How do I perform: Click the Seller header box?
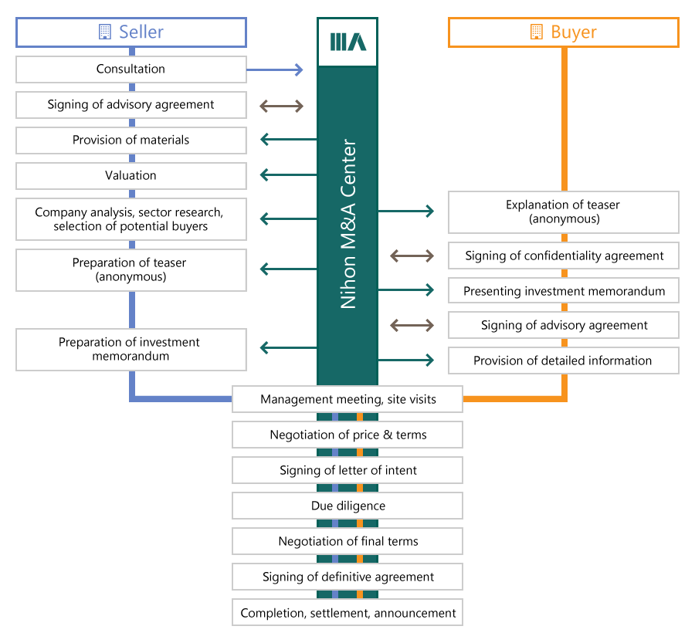[x=131, y=32]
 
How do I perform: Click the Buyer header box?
[x=564, y=32]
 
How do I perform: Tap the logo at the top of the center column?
[x=347, y=42]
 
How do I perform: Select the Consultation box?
[x=131, y=69]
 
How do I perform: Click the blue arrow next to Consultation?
[x=275, y=70]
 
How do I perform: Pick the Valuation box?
[x=131, y=176]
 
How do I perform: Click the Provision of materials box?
[x=131, y=140]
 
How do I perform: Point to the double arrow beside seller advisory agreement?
[x=282, y=106]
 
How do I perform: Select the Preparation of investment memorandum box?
[x=131, y=349]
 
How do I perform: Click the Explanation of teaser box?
[x=564, y=212]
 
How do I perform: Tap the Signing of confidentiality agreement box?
[x=564, y=256]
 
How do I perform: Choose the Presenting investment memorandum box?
[x=564, y=291]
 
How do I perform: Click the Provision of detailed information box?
[x=564, y=361]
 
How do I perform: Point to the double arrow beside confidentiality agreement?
[x=412, y=256]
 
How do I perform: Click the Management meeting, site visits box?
[x=347, y=399]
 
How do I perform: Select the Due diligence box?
[x=347, y=506]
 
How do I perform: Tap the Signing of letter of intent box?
[x=347, y=470]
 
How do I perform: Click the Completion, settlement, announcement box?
[x=347, y=613]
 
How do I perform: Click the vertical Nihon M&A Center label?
[x=348, y=224]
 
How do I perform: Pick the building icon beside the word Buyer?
[x=537, y=32]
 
